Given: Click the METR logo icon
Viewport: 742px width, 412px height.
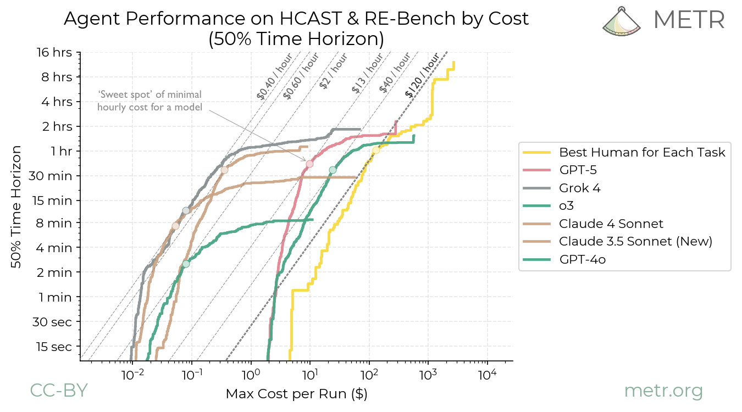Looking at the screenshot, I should pos(623,21).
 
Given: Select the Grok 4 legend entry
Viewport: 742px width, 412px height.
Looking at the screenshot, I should pos(580,188).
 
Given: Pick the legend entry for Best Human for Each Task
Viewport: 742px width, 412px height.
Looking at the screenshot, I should pos(642,152).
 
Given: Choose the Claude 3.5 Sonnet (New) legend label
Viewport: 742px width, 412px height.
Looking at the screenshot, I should pos(635,241).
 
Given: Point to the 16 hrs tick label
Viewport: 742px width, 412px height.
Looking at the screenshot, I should pos(54,52).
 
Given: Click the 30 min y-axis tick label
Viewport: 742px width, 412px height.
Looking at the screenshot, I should pos(53,176).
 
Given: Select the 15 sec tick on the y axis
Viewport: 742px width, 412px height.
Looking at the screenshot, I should pos(53,347).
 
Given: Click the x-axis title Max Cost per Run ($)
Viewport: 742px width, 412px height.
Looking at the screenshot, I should pos(296,394).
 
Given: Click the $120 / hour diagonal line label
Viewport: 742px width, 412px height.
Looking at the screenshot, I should pos(422,75).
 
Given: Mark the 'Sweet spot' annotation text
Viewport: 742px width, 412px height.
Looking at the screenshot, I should pos(149,101).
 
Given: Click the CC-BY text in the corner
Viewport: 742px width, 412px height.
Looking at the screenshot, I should pos(58,390).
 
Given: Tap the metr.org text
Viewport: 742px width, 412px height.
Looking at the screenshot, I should pos(663,391).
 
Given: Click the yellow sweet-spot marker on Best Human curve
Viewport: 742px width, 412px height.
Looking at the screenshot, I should pos(376,151).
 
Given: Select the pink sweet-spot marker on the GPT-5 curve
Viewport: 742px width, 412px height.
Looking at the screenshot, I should pos(309,164).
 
